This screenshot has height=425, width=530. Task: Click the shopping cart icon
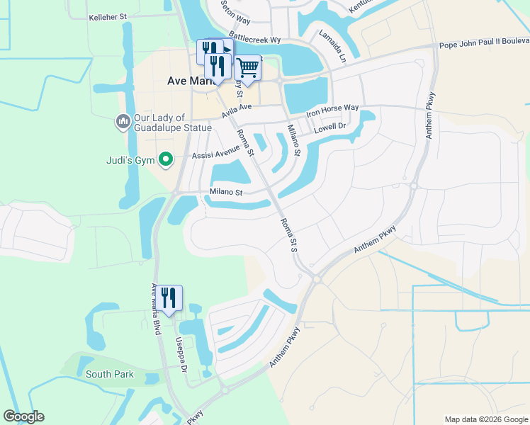coord(248,68)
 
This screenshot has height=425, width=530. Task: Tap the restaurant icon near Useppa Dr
coord(169,297)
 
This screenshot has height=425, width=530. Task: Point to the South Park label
coord(104,374)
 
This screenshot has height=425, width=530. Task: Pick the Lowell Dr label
coord(329,127)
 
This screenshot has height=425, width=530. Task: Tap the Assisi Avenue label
coord(216,154)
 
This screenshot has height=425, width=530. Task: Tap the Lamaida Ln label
coord(331,46)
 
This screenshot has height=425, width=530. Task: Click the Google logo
coord(23,416)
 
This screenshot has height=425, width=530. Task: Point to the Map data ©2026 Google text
coord(485,419)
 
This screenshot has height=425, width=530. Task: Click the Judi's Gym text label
coord(131,160)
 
